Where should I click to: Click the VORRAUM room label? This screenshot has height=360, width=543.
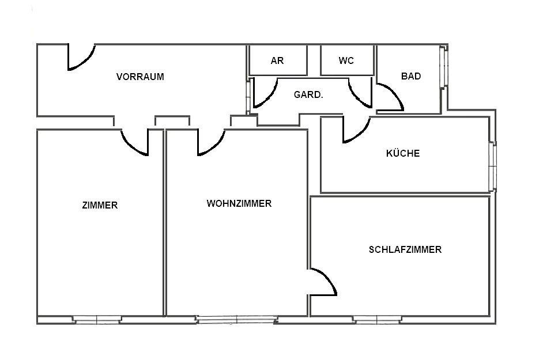coord(140,77)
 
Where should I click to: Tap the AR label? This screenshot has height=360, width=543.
coord(277,60)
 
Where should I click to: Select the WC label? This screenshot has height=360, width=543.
coord(346,60)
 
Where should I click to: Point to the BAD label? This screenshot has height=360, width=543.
coord(411,76)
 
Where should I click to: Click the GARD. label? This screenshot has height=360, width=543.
coord(308,94)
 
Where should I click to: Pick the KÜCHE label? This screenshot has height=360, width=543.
coord(403,153)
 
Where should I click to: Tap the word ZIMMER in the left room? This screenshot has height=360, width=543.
coord(100,205)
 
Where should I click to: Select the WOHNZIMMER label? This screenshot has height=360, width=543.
coord(239,203)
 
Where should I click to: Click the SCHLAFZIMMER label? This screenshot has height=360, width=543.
coord(405,249)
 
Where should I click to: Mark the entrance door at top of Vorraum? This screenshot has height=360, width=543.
coord(81,58)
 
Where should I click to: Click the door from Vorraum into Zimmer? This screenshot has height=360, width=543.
coord(135,142)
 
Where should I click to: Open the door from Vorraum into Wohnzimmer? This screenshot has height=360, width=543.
coord(210,142)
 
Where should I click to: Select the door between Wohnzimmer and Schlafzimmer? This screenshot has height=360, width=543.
coord(323,282)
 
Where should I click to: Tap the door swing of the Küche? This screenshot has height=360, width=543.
coord(356,130)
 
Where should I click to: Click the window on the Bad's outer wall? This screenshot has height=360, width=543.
coord(443,66)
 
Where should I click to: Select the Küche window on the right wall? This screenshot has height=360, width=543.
coord(492,166)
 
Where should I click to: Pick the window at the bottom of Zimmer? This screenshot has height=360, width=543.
coord(97,319)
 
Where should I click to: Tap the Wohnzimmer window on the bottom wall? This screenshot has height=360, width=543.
coord(235,319)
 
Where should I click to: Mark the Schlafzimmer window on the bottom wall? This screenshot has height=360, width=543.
coord(377,319)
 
